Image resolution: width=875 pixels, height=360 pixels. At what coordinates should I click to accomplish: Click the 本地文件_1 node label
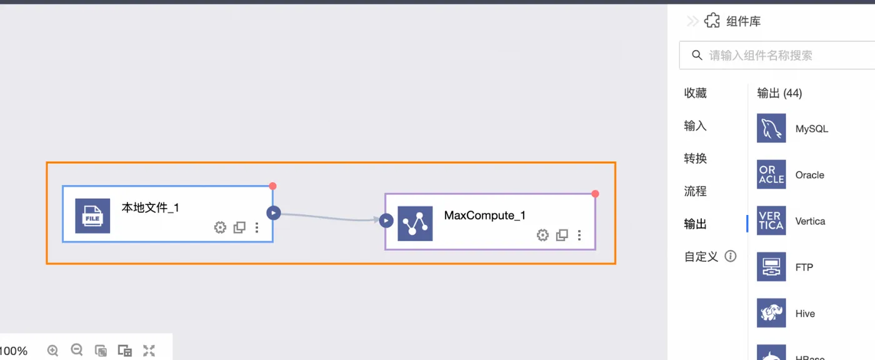click(x=150, y=207)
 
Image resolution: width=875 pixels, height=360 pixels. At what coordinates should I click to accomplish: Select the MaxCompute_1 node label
click(x=484, y=216)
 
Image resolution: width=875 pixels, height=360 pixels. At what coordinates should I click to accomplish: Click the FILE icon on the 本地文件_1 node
click(x=92, y=216)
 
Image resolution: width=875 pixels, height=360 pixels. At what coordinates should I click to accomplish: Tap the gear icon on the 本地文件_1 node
click(x=220, y=227)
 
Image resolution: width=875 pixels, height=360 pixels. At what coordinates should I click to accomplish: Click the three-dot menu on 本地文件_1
click(x=257, y=227)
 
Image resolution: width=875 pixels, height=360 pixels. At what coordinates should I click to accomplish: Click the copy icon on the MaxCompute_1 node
click(x=562, y=235)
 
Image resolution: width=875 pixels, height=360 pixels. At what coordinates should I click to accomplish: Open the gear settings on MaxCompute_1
click(x=542, y=235)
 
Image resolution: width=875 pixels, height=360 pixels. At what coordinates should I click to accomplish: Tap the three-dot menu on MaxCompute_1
click(x=579, y=235)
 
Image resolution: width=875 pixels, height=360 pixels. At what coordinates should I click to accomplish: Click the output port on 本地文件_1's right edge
click(x=273, y=213)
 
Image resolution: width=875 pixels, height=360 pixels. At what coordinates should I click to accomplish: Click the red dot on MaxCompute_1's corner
click(x=595, y=194)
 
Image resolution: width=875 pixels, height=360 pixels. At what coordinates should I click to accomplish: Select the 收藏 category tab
click(x=695, y=93)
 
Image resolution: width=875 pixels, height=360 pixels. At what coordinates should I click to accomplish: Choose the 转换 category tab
click(x=695, y=159)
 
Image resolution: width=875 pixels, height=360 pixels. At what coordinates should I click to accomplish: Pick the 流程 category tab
click(x=695, y=191)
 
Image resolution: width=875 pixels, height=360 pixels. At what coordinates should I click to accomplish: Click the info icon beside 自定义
click(x=730, y=256)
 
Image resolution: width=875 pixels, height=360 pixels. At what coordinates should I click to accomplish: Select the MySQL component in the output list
click(x=811, y=129)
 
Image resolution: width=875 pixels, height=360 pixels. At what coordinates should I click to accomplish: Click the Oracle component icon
click(x=771, y=175)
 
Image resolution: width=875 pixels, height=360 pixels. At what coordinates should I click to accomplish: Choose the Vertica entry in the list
click(x=810, y=221)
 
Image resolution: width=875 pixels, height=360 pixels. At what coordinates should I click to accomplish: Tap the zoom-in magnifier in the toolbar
click(x=52, y=351)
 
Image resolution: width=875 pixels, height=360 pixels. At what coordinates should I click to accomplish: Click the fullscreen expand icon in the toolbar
click(x=149, y=351)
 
